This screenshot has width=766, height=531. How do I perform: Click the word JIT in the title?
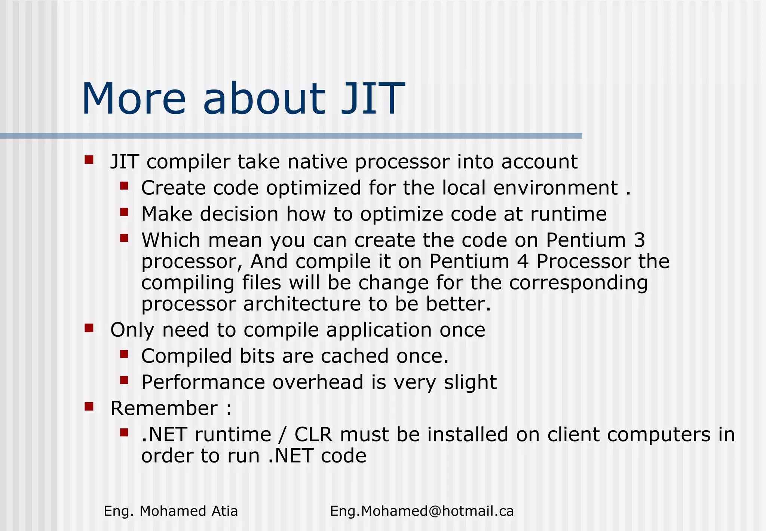(373, 99)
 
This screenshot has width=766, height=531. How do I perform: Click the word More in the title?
(134, 99)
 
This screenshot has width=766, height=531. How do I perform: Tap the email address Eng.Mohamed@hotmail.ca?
(422, 511)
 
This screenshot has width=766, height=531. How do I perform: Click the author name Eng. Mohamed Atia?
(171, 511)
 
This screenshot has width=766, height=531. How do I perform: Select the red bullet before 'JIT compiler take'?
(89, 160)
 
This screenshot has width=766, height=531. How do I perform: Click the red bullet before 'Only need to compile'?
(89, 328)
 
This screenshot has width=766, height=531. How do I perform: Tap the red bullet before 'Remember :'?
(89, 406)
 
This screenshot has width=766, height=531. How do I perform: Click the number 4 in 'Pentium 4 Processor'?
(523, 261)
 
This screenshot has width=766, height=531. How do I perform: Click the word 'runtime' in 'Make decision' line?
(568, 214)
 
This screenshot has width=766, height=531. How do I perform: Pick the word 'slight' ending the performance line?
(470, 382)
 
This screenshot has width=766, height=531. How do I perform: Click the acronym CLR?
(313, 434)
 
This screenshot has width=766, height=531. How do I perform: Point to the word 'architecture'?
(302, 304)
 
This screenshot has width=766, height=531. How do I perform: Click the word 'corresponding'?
(578, 283)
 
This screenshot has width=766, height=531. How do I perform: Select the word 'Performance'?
(203, 382)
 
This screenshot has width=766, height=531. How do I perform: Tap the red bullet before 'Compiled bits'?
(124, 354)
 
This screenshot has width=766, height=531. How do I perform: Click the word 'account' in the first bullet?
(539, 162)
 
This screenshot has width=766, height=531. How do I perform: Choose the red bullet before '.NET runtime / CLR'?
(124, 433)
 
